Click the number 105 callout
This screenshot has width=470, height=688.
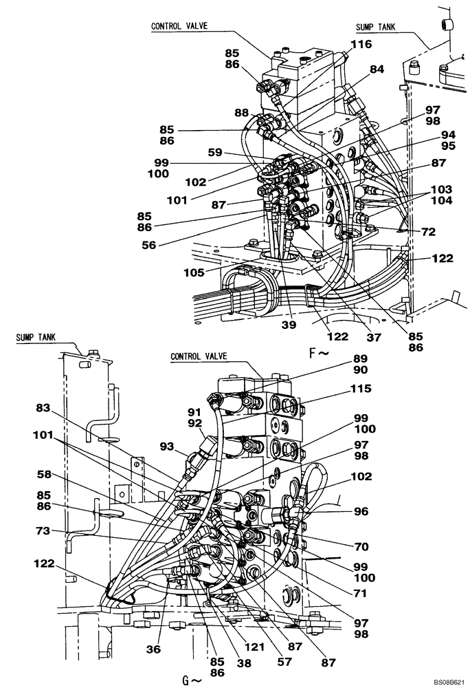pos(194,272)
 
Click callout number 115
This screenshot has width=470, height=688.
pos(361,389)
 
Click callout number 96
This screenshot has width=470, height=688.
pos(361,512)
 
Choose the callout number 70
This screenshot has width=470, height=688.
pos(361,547)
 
